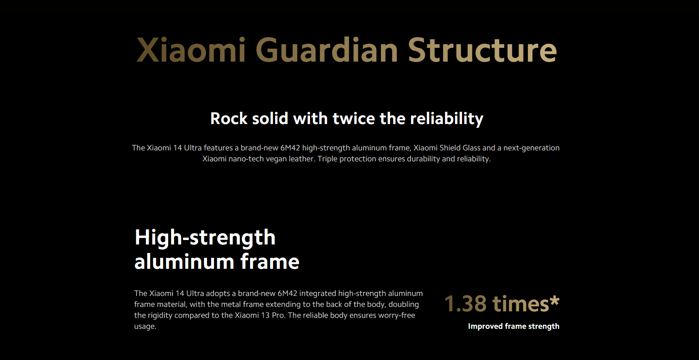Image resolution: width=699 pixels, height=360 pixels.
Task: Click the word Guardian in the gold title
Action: (327, 50)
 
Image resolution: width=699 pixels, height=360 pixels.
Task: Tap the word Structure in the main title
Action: (482, 50)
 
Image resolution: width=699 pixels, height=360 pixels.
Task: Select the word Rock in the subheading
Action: (229, 118)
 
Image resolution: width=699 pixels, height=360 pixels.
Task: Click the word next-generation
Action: (531, 148)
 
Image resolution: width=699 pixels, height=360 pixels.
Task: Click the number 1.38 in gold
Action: (465, 304)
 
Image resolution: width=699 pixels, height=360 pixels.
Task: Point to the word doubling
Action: (404, 304)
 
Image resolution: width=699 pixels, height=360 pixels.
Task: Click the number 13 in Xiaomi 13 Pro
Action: (265, 315)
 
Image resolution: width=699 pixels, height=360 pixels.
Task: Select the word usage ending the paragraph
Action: (144, 327)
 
